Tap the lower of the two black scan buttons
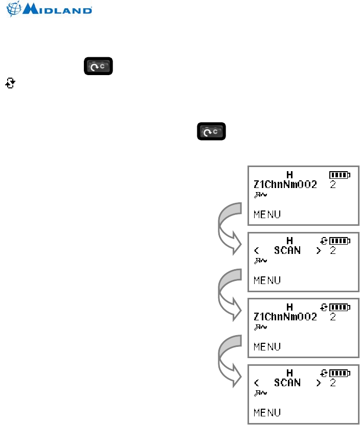click(211, 132)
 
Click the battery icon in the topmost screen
click(340, 175)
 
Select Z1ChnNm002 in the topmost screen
click(285, 184)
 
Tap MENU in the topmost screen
click(267, 214)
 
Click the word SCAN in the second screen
click(287, 250)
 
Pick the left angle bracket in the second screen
click(257, 251)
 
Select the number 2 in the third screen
click(333, 317)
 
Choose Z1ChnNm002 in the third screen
click(285, 317)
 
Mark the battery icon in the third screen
click(340, 307)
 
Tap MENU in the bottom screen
click(267, 412)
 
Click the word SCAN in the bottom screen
click(287, 383)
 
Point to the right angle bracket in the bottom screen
click(319, 383)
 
